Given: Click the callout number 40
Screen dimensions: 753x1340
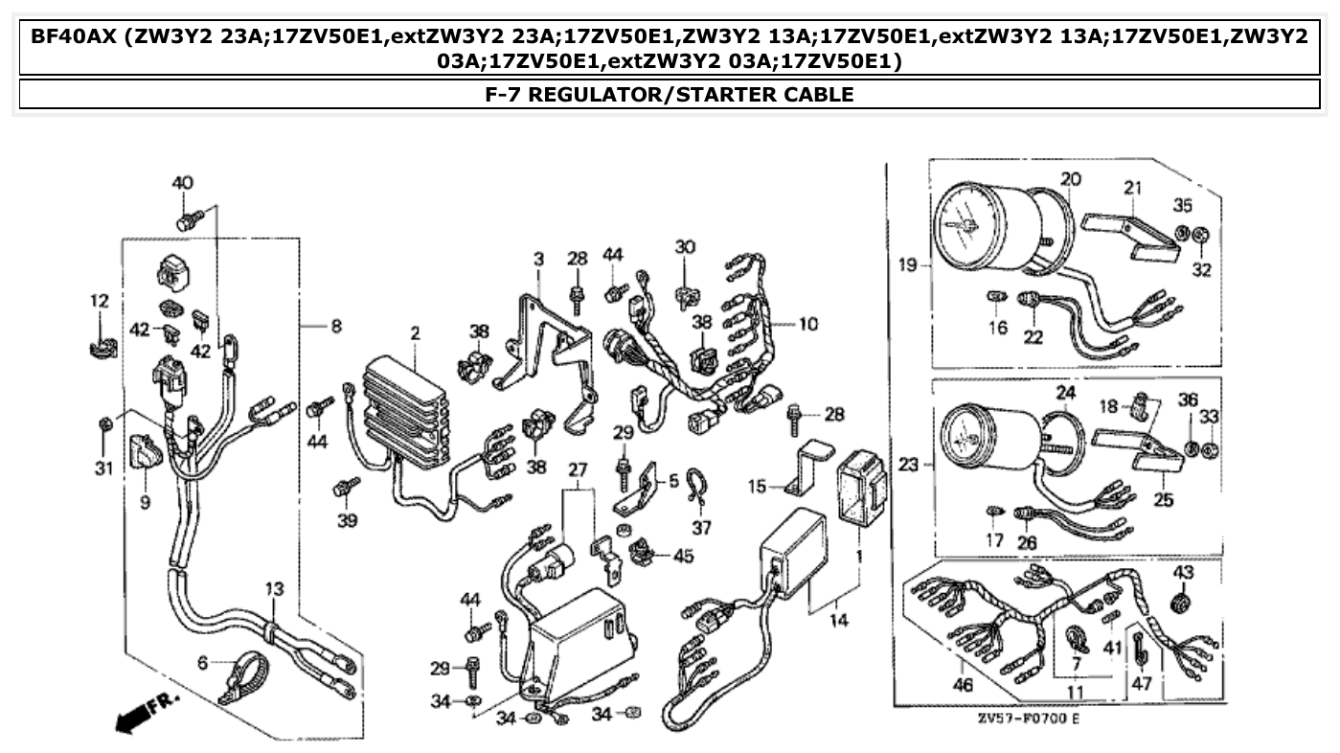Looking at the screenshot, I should coord(182,183).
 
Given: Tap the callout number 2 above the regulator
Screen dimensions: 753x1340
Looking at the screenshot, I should coord(415,333).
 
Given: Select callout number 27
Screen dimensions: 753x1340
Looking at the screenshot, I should coord(576,469).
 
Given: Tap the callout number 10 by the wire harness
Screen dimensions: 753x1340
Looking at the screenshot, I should coord(807,324).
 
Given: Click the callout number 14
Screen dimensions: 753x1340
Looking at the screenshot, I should coord(838,621).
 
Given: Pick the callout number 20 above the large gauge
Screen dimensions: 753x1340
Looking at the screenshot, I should coord(1070,178).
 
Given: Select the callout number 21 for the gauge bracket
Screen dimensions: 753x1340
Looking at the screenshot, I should coord(1133,188).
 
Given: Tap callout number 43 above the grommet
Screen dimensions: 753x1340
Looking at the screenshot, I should coord(1183,573).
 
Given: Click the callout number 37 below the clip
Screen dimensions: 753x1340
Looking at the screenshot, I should coord(702,528).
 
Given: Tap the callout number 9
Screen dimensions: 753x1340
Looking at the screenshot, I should coord(145,501).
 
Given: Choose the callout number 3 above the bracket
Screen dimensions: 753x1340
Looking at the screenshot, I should coord(538,259).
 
